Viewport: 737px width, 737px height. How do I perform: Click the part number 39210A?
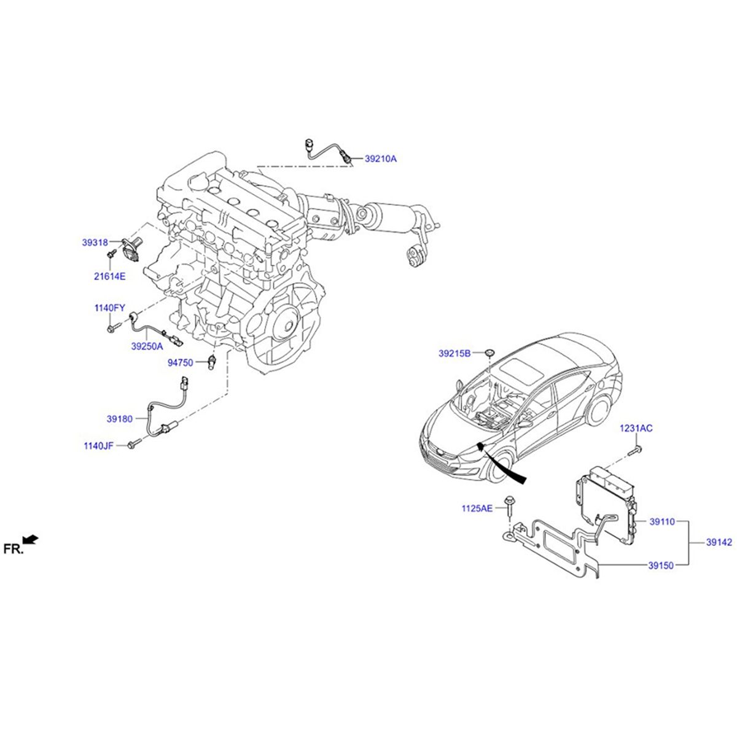(x=381, y=158)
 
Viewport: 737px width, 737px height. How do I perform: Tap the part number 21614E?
(x=109, y=276)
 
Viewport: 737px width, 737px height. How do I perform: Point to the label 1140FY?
(x=109, y=308)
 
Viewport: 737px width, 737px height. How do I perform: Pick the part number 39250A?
(x=147, y=346)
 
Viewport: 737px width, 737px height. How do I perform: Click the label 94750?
(x=181, y=363)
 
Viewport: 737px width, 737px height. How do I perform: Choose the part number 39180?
(x=119, y=419)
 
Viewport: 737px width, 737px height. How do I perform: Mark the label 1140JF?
(x=98, y=445)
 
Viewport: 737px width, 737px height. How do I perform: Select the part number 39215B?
(x=454, y=353)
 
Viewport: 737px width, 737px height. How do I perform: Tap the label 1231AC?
(x=636, y=428)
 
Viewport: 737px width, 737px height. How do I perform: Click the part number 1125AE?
(x=477, y=508)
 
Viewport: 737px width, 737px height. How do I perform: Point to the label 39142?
(x=719, y=542)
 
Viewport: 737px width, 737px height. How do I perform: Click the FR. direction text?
(x=13, y=549)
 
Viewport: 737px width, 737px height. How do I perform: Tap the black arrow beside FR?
(x=31, y=540)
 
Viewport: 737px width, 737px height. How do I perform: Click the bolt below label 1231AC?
(x=635, y=452)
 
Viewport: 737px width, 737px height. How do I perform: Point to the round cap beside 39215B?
(x=489, y=352)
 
